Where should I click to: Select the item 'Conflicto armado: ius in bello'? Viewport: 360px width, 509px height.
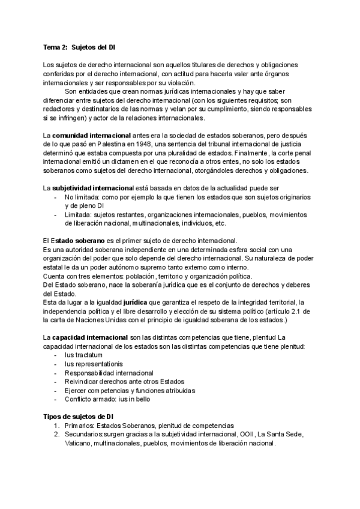click(x=107, y=399)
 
